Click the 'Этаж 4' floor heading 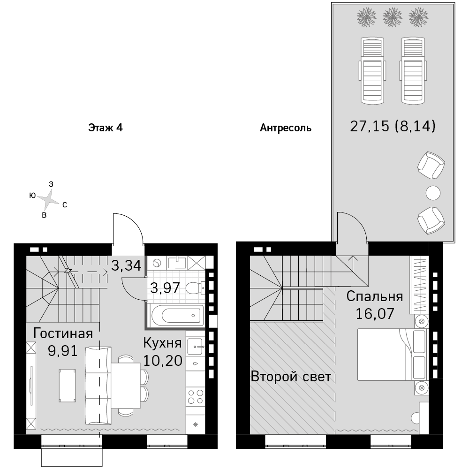tap(105, 128)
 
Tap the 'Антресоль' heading tap(285, 128)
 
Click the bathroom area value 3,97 tap(165, 288)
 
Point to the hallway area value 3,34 tap(126, 265)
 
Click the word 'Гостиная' tap(63, 333)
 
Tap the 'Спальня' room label tap(375, 296)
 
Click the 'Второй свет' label tap(291, 377)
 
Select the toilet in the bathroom tap(195, 288)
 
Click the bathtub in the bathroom tap(177, 315)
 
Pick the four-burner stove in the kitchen tap(196, 397)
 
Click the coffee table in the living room tap(67, 386)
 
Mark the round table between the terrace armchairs tap(433, 193)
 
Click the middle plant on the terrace tap(392, 17)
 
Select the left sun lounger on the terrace tap(372, 71)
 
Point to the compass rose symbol tap(48, 199)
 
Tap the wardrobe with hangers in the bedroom tap(419, 285)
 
